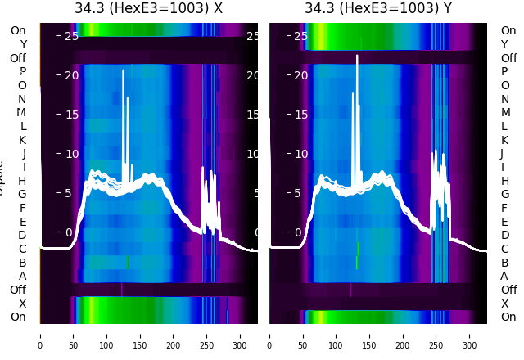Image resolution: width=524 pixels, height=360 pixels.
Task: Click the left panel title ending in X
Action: tap(148, 9)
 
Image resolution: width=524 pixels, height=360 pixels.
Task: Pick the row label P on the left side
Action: tap(22, 72)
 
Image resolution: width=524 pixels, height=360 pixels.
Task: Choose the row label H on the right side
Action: tap(504, 181)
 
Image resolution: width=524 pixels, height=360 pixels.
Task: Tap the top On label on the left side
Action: tap(17, 30)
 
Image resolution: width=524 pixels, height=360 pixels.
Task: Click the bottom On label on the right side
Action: tap(508, 317)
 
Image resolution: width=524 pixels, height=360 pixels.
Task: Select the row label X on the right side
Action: tap(504, 304)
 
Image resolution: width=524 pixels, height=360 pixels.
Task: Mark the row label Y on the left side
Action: tap(23, 44)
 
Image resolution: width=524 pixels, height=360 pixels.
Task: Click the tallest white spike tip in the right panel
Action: tap(357, 56)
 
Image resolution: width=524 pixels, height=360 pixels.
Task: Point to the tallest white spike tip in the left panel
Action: tap(124, 70)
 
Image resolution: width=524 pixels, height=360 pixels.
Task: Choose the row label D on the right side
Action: tap(504, 236)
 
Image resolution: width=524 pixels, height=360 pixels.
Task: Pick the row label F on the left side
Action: tap(23, 208)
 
